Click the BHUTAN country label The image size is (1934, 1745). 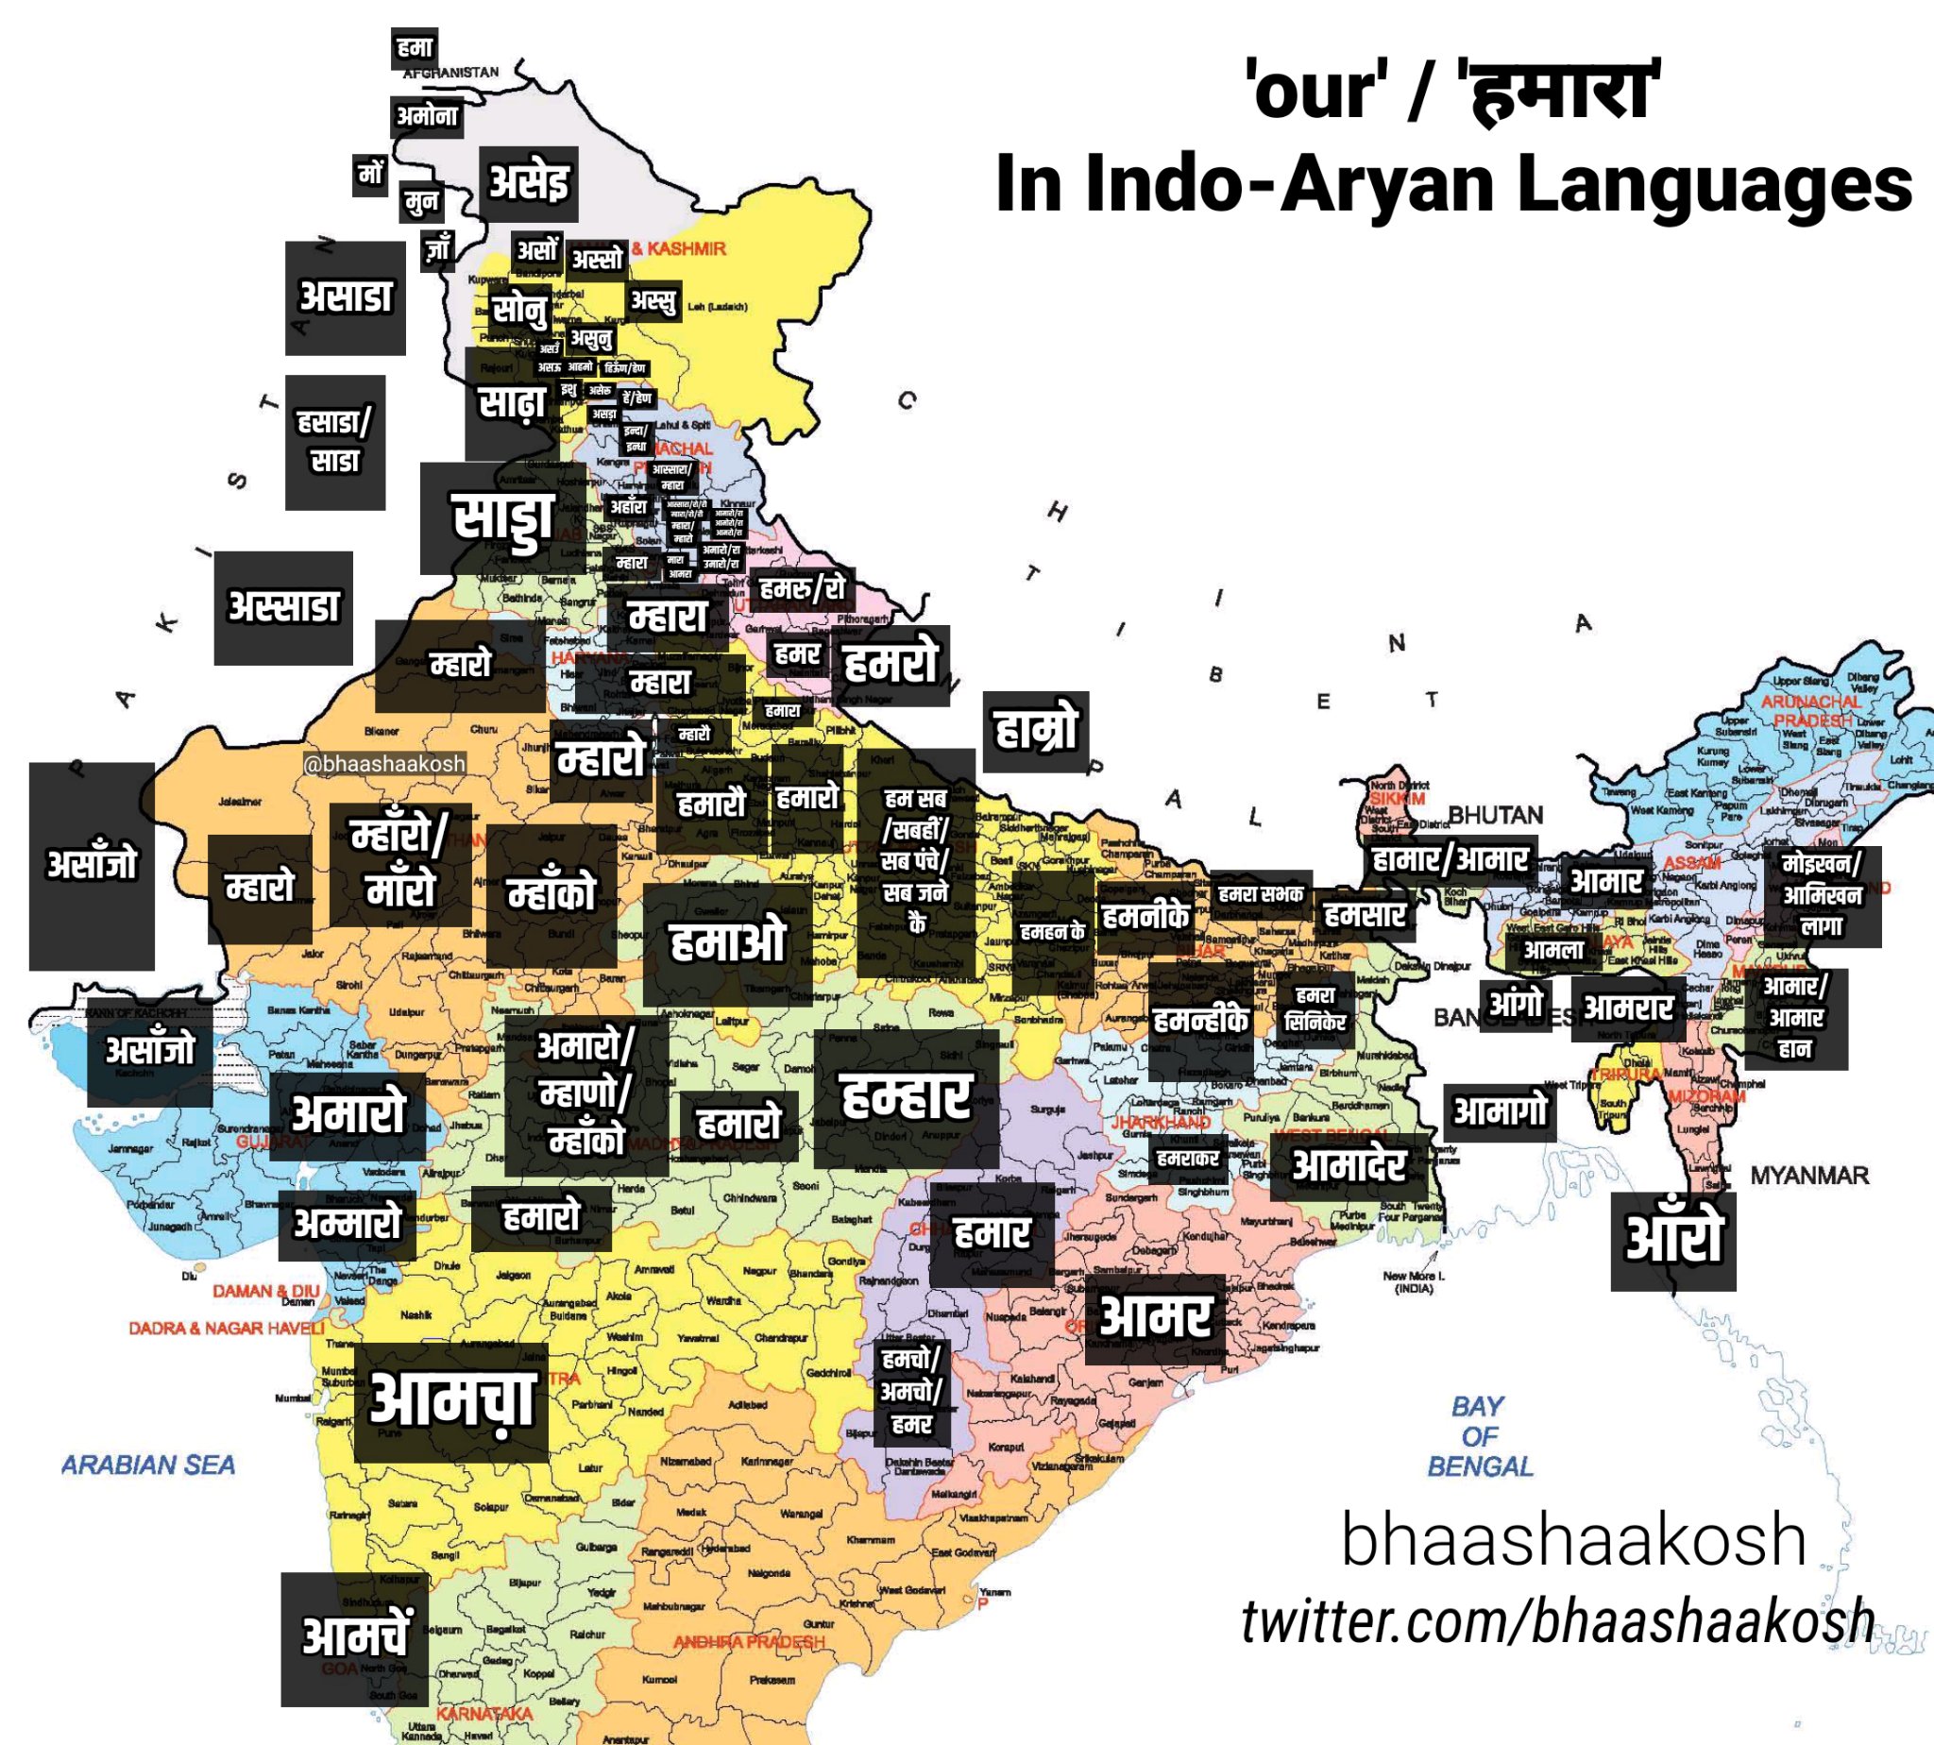[1495, 815]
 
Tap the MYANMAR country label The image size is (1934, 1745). [1808, 1176]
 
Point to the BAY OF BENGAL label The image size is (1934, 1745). [1479, 1436]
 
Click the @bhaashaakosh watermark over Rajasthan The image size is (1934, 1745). [383, 763]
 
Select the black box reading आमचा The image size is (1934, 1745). [450, 1400]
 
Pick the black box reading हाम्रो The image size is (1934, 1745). [1036, 731]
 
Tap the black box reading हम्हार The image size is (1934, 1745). [906, 1098]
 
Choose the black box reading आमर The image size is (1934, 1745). [1155, 1317]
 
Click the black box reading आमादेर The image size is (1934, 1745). [1349, 1165]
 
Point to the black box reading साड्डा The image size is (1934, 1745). [502, 518]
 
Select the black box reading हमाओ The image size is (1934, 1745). [727, 943]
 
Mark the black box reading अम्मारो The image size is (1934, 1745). [348, 1225]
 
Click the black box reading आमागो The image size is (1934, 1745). [1500, 1111]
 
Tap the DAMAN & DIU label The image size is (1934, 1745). [265, 1291]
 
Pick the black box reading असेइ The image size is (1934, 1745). [528, 183]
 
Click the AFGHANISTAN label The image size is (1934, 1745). [451, 73]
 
